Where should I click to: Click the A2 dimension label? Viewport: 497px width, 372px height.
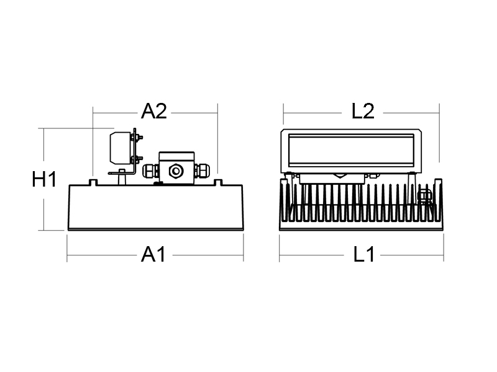tap(153, 112)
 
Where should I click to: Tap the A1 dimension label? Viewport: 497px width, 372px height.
tap(153, 254)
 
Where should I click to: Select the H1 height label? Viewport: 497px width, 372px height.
tap(44, 179)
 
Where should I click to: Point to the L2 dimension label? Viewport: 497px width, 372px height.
tap(363, 112)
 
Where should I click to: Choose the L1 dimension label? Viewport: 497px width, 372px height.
tap(364, 254)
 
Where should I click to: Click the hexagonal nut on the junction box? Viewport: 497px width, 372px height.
tap(176, 171)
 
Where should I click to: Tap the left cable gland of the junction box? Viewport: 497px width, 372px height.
tap(151, 171)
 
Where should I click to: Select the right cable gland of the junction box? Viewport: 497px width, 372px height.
tap(202, 171)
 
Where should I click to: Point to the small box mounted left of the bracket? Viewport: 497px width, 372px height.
tap(120, 148)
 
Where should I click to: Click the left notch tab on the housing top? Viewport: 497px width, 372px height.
tap(93, 182)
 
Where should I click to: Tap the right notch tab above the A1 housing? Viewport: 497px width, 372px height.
tap(218, 182)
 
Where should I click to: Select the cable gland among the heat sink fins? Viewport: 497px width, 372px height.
tap(425, 197)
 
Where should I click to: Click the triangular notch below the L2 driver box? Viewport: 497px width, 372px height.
tap(339, 175)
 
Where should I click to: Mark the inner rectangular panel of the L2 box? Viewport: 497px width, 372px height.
tap(351, 150)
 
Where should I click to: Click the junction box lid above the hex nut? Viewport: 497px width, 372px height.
tap(176, 156)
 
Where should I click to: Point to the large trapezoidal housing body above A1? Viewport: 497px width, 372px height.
tap(156, 207)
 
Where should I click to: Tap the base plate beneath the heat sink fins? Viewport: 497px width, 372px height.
tap(362, 226)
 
